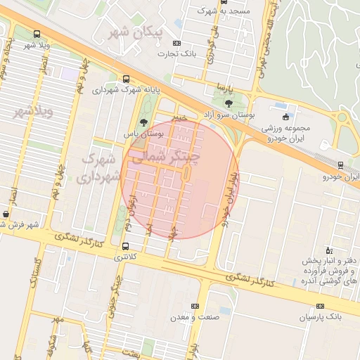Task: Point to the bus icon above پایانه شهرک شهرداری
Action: tap(126, 79)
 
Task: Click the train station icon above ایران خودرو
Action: tap(341, 165)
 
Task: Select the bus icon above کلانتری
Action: tap(126, 246)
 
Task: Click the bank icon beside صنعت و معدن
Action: tap(195, 306)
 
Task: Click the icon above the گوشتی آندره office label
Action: tap(328, 250)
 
